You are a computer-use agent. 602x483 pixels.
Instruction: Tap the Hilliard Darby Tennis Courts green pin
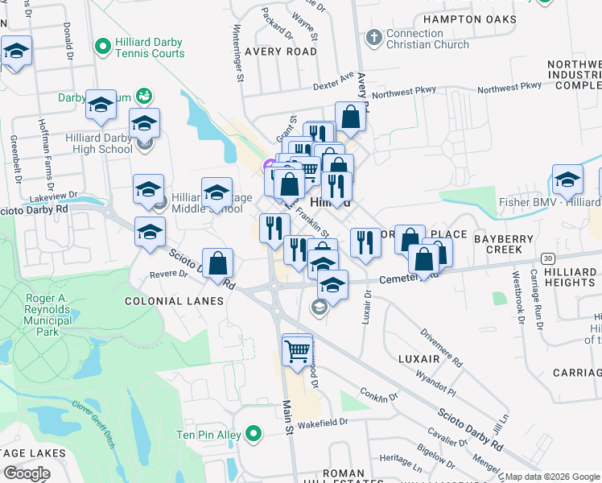click(x=101, y=47)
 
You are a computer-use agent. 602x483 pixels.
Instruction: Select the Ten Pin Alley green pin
click(x=254, y=436)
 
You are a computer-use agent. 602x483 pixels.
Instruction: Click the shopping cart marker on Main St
click(x=297, y=350)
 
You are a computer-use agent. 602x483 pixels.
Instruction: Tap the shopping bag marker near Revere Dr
click(x=217, y=263)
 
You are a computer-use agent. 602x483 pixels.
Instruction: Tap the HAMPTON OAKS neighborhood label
click(x=469, y=19)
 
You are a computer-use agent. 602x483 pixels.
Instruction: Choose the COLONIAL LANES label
click(x=174, y=301)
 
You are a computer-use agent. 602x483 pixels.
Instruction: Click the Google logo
click(x=27, y=473)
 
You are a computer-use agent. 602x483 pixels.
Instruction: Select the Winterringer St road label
click(x=239, y=53)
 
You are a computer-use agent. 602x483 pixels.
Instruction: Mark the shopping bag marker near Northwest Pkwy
click(x=351, y=117)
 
